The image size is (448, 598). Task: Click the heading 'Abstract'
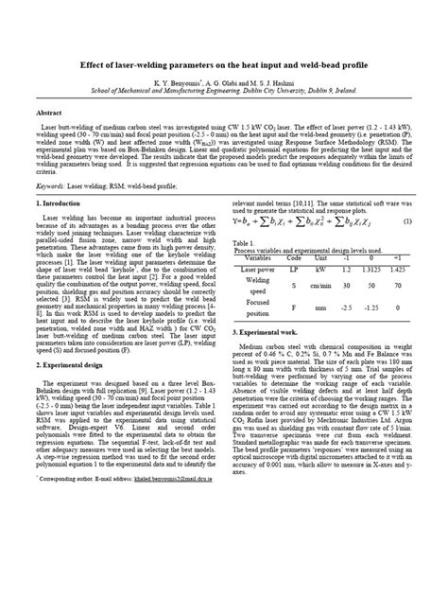point(47,111)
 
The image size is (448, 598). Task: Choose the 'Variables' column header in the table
point(258,257)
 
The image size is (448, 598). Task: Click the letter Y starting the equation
point(235,221)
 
